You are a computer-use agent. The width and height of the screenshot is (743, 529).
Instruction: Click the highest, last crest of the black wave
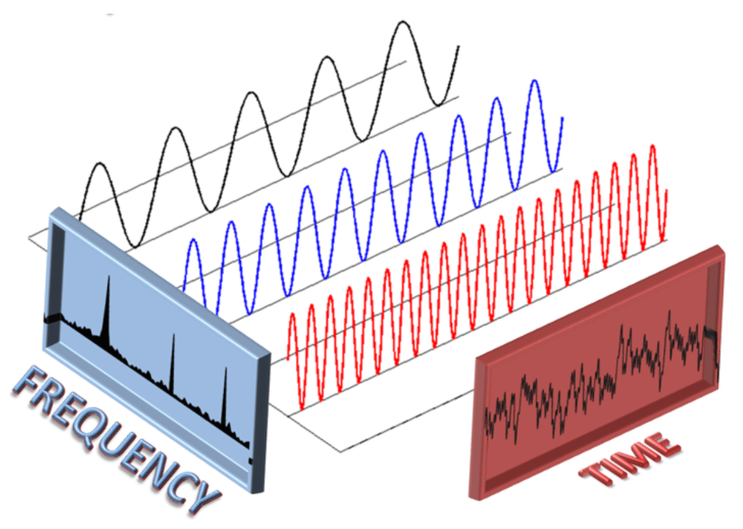pos(403,23)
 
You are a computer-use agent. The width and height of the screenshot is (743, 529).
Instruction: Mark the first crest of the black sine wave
pos(98,164)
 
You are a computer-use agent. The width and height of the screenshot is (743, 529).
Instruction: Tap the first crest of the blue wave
pos(193,240)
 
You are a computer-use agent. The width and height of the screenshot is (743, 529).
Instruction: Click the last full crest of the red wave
pos(653,146)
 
